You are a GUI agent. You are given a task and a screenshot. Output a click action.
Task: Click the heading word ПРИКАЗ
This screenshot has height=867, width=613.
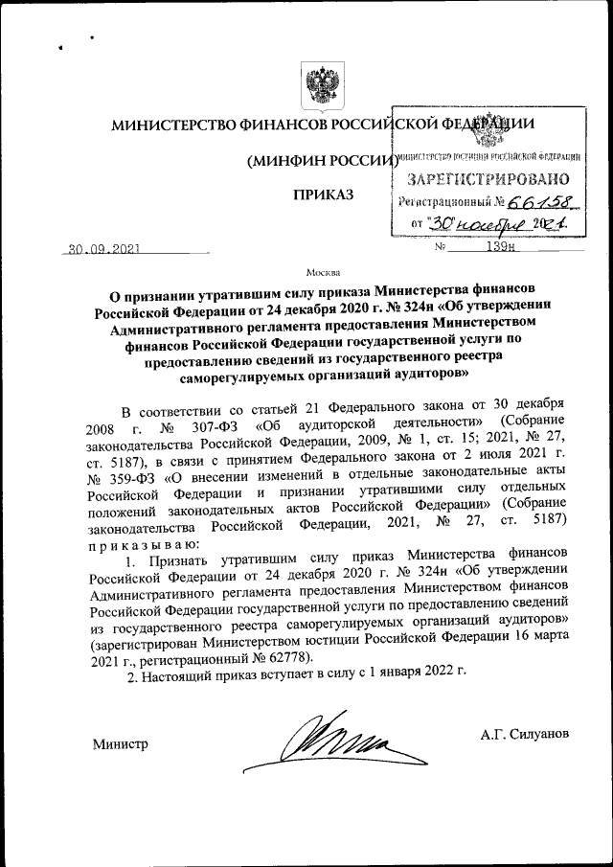point(324,196)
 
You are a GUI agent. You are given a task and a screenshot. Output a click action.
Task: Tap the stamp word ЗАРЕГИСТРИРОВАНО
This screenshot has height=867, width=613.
point(488,178)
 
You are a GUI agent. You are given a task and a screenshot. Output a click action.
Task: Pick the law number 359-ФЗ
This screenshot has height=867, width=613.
point(136,476)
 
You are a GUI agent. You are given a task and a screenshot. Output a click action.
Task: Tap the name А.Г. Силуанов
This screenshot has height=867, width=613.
point(526,733)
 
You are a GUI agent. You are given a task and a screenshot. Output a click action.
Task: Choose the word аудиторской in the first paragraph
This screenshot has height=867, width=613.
point(349,424)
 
